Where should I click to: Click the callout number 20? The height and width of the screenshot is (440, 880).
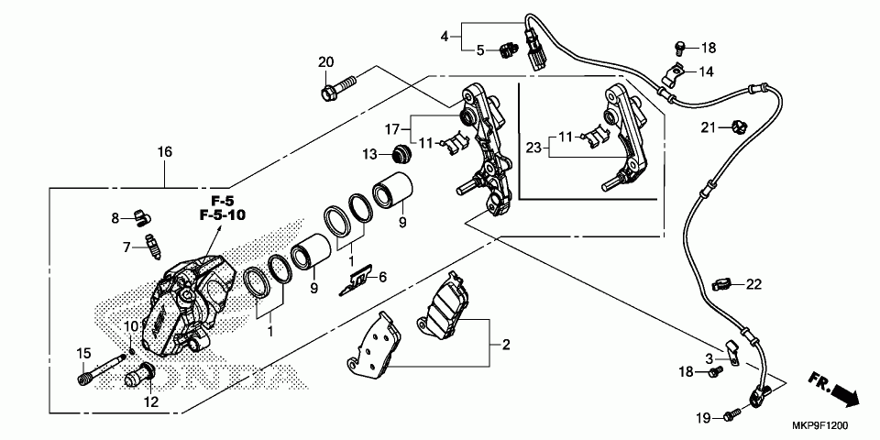[324, 62]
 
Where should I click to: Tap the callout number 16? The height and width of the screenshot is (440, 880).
[164, 151]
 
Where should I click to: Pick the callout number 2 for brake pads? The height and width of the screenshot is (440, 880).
[505, 345]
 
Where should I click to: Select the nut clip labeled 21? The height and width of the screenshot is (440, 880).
[736, 126]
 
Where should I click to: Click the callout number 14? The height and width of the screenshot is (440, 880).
[707, 71]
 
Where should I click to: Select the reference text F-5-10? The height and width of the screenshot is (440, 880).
[217, 215]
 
